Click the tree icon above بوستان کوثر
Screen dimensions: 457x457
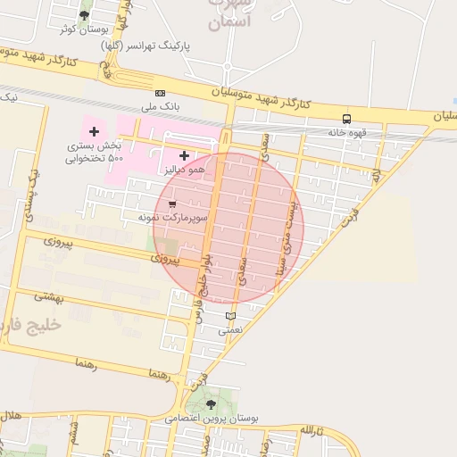[x=84, y=15]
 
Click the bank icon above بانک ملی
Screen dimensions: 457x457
[x=161, y=93]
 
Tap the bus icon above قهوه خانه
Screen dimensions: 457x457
[x=346, y=119]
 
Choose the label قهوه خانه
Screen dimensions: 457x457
[x=348, y=132]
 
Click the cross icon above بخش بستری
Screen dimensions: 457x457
[x=94, y=132]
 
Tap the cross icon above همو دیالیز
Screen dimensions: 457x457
[x=185, y=155]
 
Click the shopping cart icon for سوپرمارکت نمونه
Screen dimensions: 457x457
[x=171, y=204]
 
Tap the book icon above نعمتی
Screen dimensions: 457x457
[x=231, y=316]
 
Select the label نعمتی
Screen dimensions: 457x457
[x=230, y=329]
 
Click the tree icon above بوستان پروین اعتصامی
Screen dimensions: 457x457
[x=211, y=404]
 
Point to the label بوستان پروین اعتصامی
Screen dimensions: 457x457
[x=212, y=418]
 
